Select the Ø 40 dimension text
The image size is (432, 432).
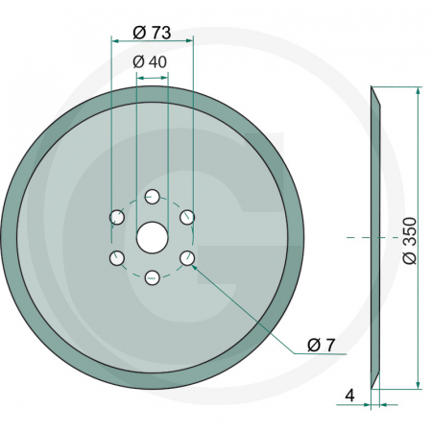pos(152,62)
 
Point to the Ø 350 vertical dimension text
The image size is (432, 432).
pos(410,239)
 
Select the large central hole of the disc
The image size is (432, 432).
pos(152,237)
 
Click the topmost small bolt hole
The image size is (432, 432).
pos(152,197)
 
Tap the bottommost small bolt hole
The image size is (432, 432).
pos(152,278)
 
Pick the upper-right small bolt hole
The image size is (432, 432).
pos(187,217)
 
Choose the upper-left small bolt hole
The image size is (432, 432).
pos(116,217)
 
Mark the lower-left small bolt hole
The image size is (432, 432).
pos(116,257)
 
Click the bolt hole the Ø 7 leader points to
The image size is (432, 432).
pos(187,257)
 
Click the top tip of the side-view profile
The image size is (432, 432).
pos(372,88)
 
